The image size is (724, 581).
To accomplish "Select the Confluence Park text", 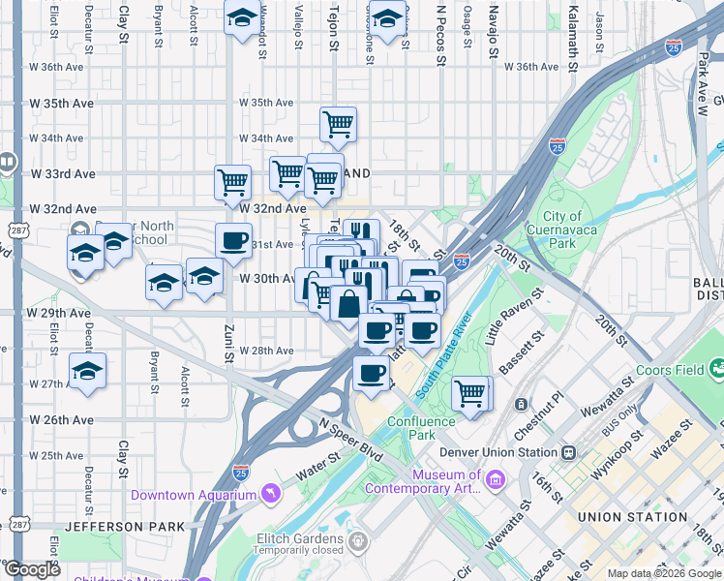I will (421, 428).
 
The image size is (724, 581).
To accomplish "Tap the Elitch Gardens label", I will (287, 538).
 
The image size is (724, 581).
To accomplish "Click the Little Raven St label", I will (510, 322).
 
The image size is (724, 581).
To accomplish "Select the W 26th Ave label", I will (62, 420).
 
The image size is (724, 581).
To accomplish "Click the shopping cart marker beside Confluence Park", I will (470, 393).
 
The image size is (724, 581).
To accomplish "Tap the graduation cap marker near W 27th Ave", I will (88, 371).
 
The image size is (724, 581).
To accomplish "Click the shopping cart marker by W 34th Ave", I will (338, 123).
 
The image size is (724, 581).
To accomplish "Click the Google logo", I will (32, 569).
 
